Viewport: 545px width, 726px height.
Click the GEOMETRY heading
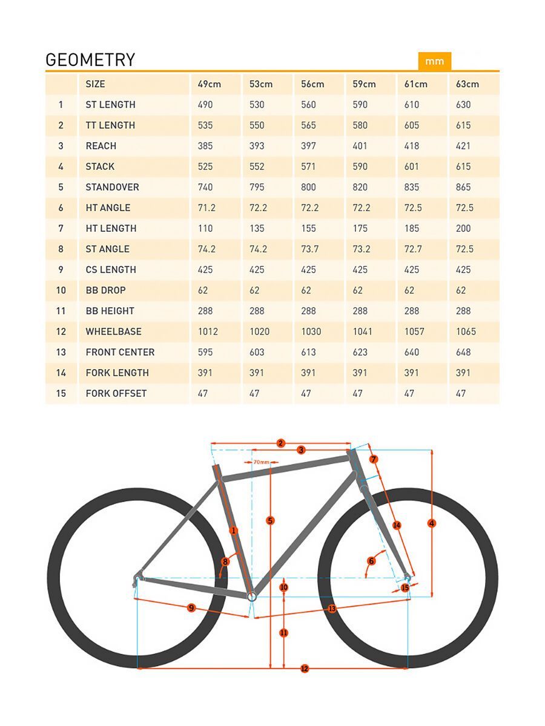[x=90, y=60]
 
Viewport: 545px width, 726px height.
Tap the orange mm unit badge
[x=434, y=61]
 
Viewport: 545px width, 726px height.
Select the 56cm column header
[x=312, y=84]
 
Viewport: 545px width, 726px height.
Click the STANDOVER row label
[x=112, y=187]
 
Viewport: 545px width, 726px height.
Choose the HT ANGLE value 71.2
[x=206, y=208]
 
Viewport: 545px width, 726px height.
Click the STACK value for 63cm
[x=463, y=166]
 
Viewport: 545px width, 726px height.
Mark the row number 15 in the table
[x=61, y=393]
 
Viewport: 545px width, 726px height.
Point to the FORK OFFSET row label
[x=116, y=393]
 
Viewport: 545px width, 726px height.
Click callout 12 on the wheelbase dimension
[x=305, y=669]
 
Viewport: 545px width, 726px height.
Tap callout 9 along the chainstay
[x=191, y=607]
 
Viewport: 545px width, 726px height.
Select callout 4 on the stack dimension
[x=432, y=523]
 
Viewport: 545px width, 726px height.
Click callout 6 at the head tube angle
[x=372, y=561]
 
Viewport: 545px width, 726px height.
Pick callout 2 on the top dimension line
[x=280, y=443]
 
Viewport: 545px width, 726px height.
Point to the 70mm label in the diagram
[x=262, y=462]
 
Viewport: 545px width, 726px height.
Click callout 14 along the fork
[x=397, y=525]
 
